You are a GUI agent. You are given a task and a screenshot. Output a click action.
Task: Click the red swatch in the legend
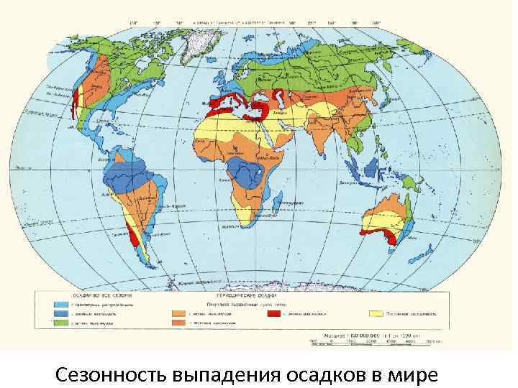click(x=273, y=314)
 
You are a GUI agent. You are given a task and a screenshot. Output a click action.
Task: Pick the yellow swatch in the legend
click(x=375, y=314)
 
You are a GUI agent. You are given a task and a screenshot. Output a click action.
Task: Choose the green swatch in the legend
click(x=61, y=324)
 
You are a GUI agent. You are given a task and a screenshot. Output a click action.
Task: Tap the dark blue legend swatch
click(x=61, y=314)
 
